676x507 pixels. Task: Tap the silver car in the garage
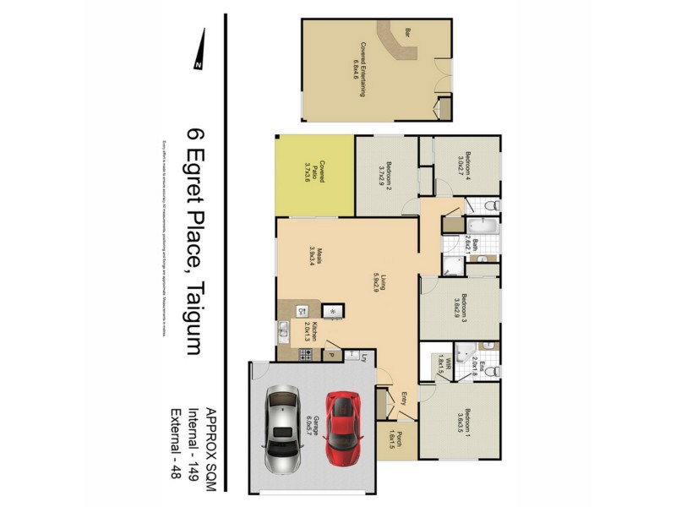pos(282,429)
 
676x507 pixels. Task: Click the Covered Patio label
pos(314,172)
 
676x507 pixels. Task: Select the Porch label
pos(397,441)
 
